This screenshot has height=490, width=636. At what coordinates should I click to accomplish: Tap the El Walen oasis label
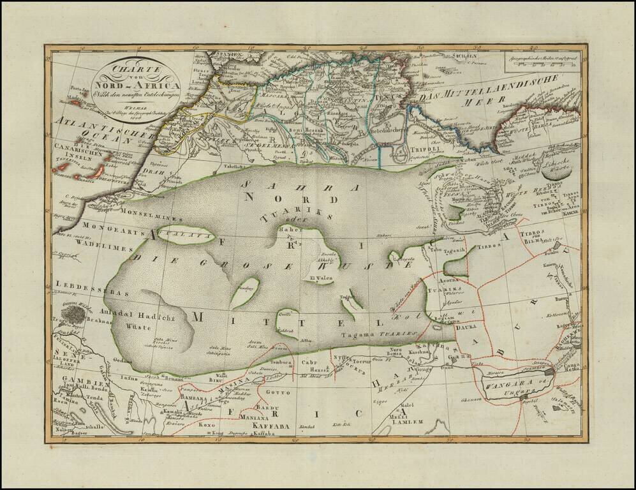coord(304,278)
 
